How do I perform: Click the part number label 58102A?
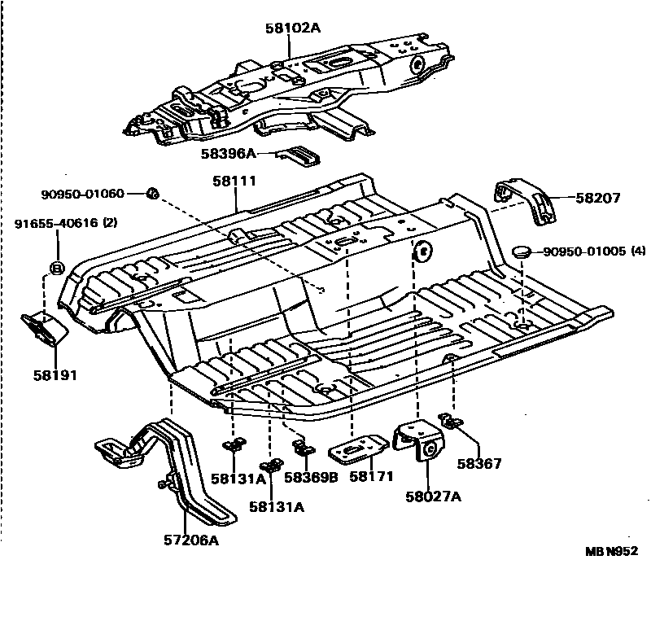293,28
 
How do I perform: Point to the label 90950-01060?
83,194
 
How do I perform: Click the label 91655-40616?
55,222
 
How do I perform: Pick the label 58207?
599,198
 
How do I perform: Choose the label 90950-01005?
583,252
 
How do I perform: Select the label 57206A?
191,540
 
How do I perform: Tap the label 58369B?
309,479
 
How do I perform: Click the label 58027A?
433,496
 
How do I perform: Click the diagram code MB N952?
611,550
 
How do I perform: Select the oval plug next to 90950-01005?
522,252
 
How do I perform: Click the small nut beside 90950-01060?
152,194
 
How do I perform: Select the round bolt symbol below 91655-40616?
57,267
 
